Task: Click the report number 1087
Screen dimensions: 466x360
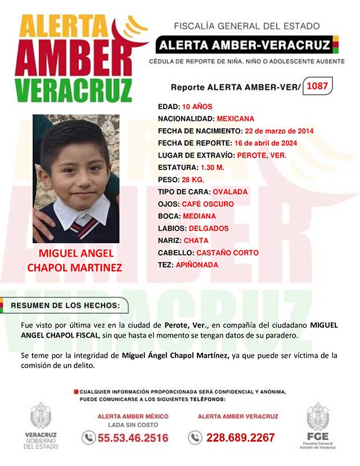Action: pos(318,87)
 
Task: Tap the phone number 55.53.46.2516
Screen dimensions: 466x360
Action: pos(133,437)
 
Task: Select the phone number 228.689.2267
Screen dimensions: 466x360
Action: pos(240,437)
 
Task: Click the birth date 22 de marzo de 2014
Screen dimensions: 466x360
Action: pos(279,131)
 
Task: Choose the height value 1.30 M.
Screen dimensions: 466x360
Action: pos(213,168)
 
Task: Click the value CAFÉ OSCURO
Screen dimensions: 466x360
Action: pos(208,204)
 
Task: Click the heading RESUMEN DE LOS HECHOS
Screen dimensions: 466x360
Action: pos(65,306)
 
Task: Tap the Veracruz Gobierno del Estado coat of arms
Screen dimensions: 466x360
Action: pos(40,416)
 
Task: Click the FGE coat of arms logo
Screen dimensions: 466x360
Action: pos(318,417)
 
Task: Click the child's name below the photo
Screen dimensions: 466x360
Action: pos(74,261)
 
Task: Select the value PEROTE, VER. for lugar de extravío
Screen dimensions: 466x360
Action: pos(262,155)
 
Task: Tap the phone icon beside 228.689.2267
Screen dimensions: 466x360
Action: pos(195,437)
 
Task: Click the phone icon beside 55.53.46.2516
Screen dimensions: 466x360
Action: pos(88,437)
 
